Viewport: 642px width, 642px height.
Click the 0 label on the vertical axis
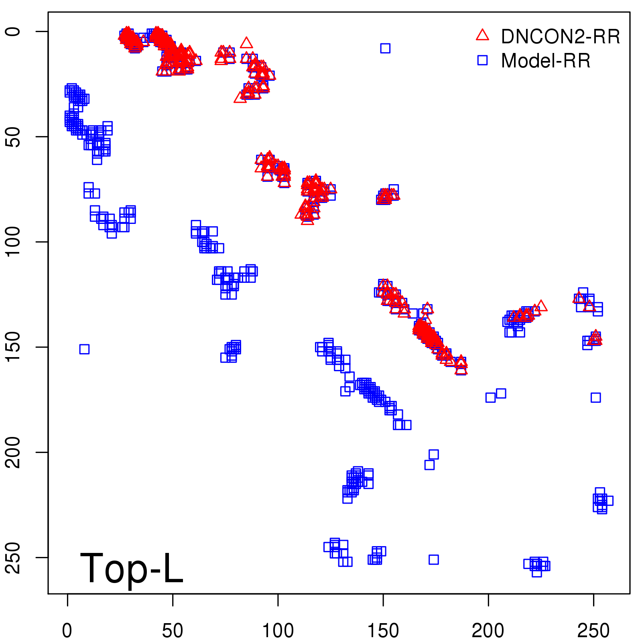click(13, 31)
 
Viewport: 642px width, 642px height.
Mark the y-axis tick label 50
click(13, 136)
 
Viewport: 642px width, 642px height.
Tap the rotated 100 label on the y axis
click(13, 242)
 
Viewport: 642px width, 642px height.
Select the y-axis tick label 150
click(13, 347)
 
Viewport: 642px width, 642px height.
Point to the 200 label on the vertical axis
click(13, 452)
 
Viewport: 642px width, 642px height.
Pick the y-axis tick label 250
click(13, 557)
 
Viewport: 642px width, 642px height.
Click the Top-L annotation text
click(132, 568)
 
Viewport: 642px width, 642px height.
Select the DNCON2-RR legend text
click(561, 37)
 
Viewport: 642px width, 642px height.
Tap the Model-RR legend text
click(546, 61)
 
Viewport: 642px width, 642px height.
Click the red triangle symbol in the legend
click(482, 35)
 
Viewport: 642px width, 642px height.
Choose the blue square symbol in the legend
click(482, 60)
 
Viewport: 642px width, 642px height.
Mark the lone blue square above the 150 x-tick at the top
click(385, 48)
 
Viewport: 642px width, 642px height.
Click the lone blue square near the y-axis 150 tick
click(84, 349)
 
